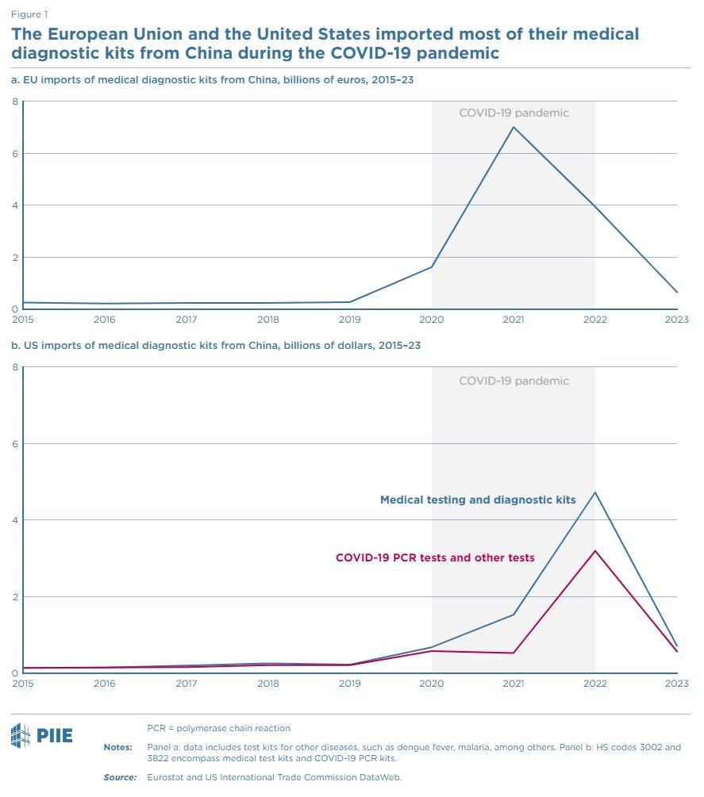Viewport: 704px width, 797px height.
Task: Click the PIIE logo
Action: point(41,735)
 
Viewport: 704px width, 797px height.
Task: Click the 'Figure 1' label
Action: point(29,14)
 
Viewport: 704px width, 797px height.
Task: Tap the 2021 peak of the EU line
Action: point(514,127)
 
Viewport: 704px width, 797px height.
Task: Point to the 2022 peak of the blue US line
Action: point(595,492)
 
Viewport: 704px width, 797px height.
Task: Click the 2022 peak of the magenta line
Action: point(595,550)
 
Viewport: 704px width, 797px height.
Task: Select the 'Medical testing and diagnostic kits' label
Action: point(478,500)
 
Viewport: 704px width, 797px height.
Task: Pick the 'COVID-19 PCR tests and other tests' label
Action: point(435,558)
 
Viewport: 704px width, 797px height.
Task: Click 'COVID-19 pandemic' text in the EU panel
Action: point(514,113)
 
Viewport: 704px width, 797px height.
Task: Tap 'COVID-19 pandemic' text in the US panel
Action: point(514,381)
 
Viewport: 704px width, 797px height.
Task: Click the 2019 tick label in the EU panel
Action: point(350,319)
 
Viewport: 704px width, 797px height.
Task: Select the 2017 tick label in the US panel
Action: point(187,683)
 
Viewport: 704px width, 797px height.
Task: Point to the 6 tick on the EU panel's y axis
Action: point(14,153)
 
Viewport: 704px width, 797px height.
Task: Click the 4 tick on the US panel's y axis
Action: point(14,520)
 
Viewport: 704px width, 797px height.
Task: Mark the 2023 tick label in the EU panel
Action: point(676,319)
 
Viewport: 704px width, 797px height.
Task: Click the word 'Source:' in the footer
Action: point(120,777)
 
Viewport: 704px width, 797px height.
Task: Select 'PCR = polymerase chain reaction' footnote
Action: point(219,728)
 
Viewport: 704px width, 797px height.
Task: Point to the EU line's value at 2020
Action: point(432,266)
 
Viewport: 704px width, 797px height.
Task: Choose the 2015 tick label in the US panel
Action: point(23,683)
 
